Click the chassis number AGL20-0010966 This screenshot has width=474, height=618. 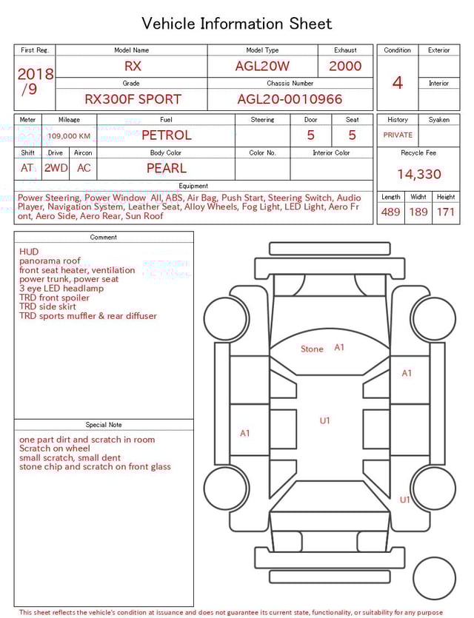coord(290,99)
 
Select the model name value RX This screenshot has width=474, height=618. coord(133,66)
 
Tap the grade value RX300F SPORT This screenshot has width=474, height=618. coord(133,99)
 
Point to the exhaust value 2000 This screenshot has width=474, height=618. coord(345,66)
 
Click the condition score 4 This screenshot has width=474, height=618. coord(397,82)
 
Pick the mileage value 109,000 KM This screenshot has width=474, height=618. coord(69,136)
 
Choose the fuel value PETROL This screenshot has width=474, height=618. coord(166,135)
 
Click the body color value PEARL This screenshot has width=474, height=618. coord(166,168)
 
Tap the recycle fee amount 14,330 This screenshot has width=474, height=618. coord(418,175)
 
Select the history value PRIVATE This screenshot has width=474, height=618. coord(398,135)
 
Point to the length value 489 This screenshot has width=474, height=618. coord(390,212)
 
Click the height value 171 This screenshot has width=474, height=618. coord(446,212)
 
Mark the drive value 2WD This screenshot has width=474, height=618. coord(56,168)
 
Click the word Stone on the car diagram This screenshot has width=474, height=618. coord(312,349)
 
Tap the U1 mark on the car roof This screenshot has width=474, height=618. coord(324,420)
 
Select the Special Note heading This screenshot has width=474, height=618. coord(104,425)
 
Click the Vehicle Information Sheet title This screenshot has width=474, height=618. coord(237,24)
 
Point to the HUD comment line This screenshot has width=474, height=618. coord(29,252)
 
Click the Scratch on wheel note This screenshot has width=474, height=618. coord(55,449)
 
